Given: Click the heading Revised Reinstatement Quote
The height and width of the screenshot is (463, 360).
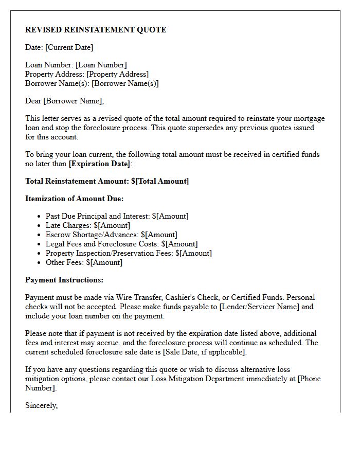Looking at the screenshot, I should pos(96,30).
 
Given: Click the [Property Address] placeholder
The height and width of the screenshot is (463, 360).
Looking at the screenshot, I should pos(117,74).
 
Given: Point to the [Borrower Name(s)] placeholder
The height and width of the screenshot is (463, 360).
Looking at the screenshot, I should pos(125,83).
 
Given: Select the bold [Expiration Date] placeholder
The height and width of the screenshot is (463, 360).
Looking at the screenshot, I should pos(100,164).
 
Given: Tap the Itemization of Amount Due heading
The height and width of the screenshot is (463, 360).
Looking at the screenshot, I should pos(75,199).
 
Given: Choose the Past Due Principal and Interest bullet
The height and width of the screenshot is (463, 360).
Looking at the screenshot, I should pos(117,216).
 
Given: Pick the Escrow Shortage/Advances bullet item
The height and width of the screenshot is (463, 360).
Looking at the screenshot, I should pos(111,235).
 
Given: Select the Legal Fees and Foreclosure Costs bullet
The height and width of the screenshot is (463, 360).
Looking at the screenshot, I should pos(121,244).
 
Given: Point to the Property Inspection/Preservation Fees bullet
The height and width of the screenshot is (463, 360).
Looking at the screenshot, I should pos(129,253).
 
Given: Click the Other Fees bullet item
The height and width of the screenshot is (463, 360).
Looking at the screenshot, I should pos(84,262).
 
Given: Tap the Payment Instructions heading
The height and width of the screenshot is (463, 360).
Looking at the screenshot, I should pos(64,280).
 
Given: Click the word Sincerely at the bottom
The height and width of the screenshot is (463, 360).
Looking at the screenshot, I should pos(41,405).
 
